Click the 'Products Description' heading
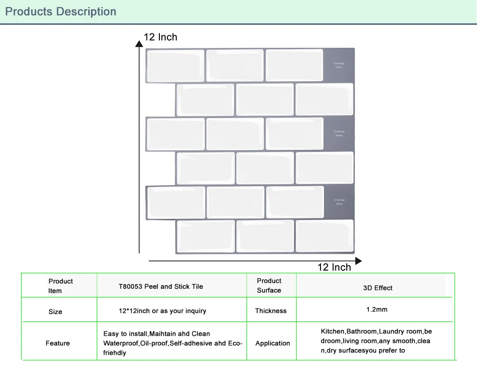click(x=61, y=11)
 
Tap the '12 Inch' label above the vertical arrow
click(x=161, y=37)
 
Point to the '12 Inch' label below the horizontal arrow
click(x=334, y=267)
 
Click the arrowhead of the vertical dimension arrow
click(x=139, y=43)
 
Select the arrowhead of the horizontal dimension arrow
click(x=358, y=261)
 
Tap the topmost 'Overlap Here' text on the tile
click(x=339, y=65)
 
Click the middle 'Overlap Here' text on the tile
click(x=339, y=134)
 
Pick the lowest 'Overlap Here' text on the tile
click(x=339, y=202)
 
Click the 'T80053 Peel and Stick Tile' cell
click(x=161, y=287)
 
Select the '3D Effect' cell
click(x=378, y=288)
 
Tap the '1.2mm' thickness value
click(x=377, y=309)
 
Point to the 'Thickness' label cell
click(x=271, y=311)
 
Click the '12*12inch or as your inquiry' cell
click(x=163, y=311)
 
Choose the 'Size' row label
click(x=55, y=312)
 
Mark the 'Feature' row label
click(x=58, y=343)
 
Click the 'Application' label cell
click(x=272, y=343)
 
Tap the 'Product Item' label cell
click(x=60, y=286)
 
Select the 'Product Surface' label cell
click(x=269, y=286)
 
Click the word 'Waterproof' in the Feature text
click(x=121, y=343)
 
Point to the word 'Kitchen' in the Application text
click(x=332, y=331)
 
